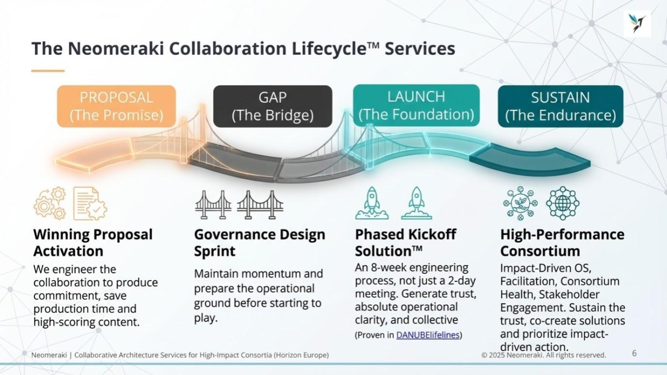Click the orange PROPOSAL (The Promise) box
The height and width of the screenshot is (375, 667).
coord(116,106)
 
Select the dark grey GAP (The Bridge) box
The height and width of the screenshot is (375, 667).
coord(273,106)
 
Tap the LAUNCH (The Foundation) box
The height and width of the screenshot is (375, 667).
coord(416,105)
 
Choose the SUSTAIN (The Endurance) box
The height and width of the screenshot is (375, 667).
coord(560,106)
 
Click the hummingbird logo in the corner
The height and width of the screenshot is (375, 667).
coord(637,23)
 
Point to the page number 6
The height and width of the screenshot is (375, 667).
coord(634,354)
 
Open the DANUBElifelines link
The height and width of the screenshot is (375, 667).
coord(428,335)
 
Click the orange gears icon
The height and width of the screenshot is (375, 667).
coord(50,203)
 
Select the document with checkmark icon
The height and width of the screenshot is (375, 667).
coord(90,203)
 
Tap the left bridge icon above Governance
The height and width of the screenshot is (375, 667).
coord(213,204)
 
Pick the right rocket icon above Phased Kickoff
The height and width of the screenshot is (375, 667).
coord(416,203)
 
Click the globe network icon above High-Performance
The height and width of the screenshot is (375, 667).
coord(563,203)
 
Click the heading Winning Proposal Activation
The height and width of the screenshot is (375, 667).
coord(93,243)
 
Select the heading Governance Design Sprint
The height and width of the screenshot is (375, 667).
coord(259,243)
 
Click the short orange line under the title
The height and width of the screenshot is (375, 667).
coord(47,71)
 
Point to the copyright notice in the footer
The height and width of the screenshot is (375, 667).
coord(544,355)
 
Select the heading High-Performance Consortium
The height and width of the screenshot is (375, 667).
coord(562,243)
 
